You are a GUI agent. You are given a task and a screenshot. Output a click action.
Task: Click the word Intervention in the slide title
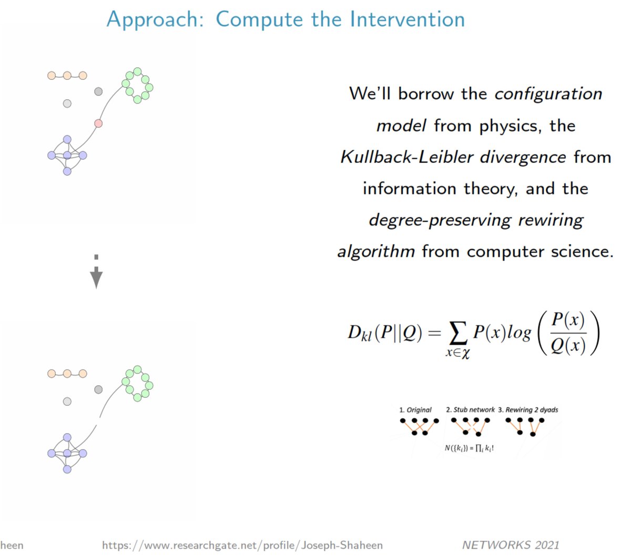(x=408, y=19)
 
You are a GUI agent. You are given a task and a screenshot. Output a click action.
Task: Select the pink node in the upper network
(x=98, y=123)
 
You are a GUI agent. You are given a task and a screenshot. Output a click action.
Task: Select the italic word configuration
(x=548, y=94)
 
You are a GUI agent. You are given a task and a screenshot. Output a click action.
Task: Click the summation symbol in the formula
(x=457, y=332)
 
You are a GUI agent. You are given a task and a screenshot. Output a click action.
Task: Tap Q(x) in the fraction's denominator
(x=567, y=346)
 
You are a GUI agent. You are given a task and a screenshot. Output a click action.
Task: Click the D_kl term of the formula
(x=359, y=333)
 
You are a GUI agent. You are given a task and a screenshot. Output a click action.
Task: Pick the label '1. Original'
(x=415, y=410)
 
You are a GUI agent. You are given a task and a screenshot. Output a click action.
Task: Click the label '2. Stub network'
(x=470, y=410)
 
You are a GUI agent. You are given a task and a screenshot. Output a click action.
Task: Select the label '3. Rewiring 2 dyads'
(x=528, y=410)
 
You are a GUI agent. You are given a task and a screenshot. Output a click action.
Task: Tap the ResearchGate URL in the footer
(x=242, y=545)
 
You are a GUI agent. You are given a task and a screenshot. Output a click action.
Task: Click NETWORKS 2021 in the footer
(x=510, y=545)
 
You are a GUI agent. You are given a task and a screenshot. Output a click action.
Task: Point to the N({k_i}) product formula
(x=469, y=448)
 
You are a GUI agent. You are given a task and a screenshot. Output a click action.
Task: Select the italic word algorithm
(x=375, y=252)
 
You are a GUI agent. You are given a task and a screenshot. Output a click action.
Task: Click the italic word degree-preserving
(x=440, y=220)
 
